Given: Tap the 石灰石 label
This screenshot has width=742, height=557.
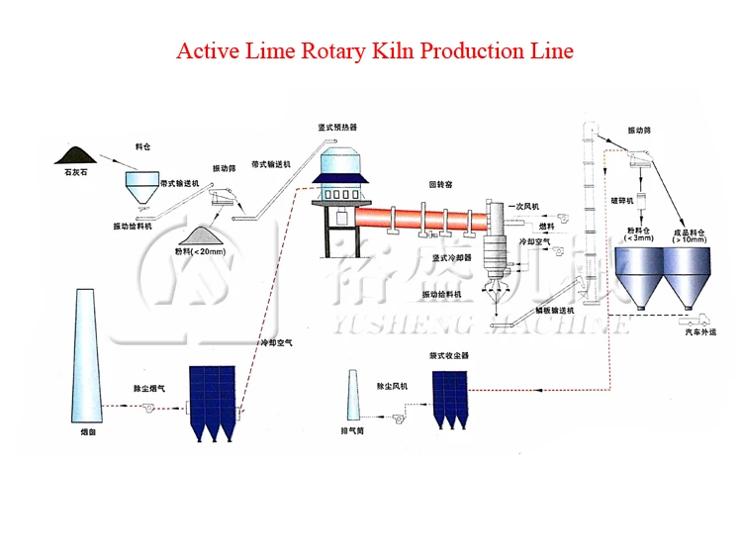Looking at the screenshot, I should (x=75, y=174).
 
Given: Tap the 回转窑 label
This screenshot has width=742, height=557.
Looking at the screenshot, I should (x=441, y=185).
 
